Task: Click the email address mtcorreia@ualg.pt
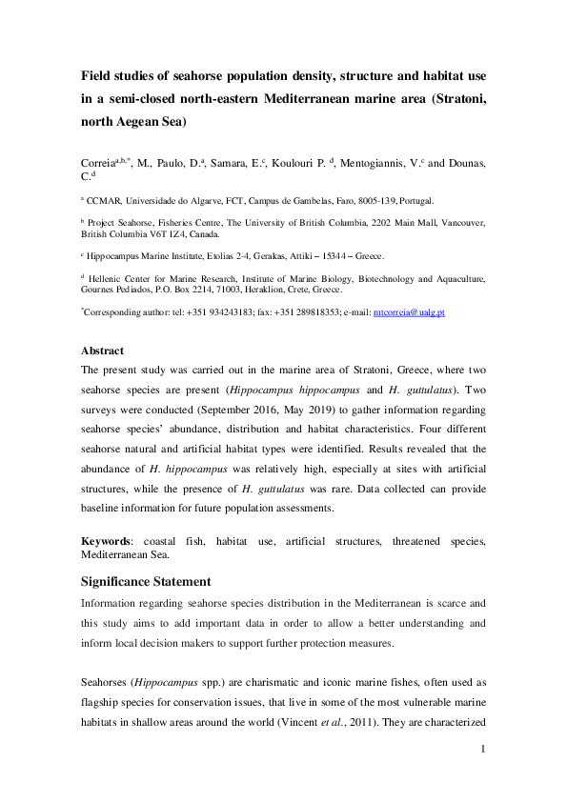(409, 311)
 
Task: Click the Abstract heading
(104, 350)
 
